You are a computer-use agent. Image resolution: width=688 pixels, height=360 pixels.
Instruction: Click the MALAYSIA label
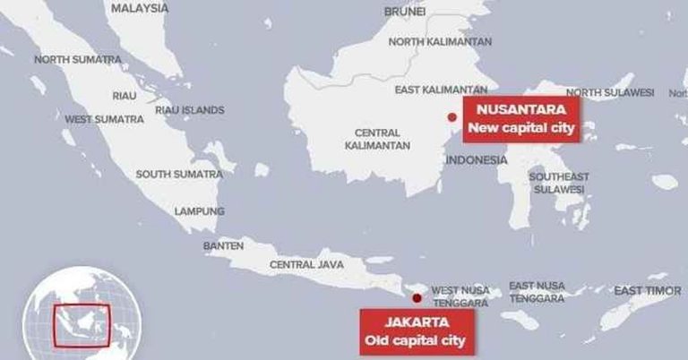click(139, 8)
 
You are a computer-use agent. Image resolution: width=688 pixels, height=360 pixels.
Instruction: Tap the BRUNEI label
click(404, 12)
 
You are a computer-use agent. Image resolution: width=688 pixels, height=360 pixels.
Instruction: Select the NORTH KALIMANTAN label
click(440, 42)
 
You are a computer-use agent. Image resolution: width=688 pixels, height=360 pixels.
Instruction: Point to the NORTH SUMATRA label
click(77, 60)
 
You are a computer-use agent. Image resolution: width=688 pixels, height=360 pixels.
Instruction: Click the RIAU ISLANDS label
click(190, 110)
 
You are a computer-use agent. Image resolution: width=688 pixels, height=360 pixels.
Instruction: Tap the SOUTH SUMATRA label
click(178, 174)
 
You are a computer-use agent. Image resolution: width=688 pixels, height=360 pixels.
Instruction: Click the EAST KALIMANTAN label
click(442, 90)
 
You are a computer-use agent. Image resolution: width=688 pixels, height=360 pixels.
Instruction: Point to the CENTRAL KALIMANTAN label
click(377, 139)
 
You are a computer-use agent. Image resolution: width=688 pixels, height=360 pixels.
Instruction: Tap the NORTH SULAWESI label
click(610, 92)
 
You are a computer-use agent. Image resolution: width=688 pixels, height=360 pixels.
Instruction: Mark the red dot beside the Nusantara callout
click(452, 117)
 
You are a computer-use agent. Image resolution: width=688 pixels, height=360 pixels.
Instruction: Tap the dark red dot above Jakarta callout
click(415, 299)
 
